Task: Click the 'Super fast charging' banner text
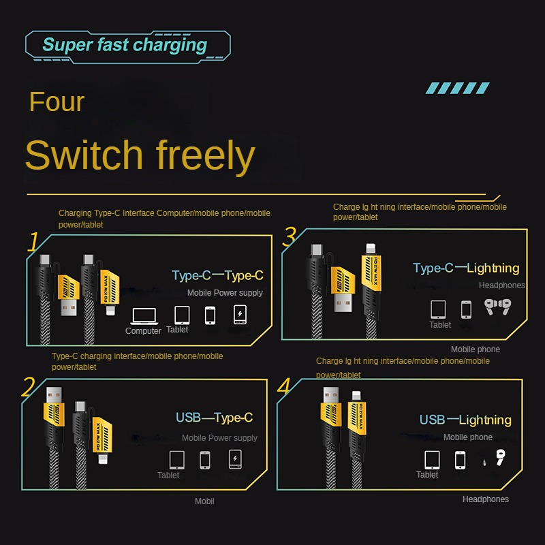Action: (x=125, y=46)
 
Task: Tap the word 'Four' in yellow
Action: (x=57, y=102)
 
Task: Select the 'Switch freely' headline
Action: (x=140, y=155)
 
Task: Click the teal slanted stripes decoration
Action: (x=457, y=88)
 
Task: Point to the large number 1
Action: (x=33, y=242)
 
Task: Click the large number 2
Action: (x=28, y=387)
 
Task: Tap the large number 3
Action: (x=290, y=236)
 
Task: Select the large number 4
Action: (x=284, y=386)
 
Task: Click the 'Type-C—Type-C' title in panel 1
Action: (x=217, y=276)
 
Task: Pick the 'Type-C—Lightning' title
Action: (x=466, y=268)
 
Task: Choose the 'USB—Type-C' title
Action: (x=214, y=418)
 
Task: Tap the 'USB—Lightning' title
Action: (x=465, y=420)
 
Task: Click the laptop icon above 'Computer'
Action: (x=143, y=315)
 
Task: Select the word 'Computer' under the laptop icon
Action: (x=143, y=331)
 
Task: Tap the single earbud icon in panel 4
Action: (x=501, y=458)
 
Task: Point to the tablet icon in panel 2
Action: (x=177, y=458)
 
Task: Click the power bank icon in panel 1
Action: (x=239, y=314)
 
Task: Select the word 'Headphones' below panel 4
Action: (x=486, y=499)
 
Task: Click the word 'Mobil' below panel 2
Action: (x=204, y=501)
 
